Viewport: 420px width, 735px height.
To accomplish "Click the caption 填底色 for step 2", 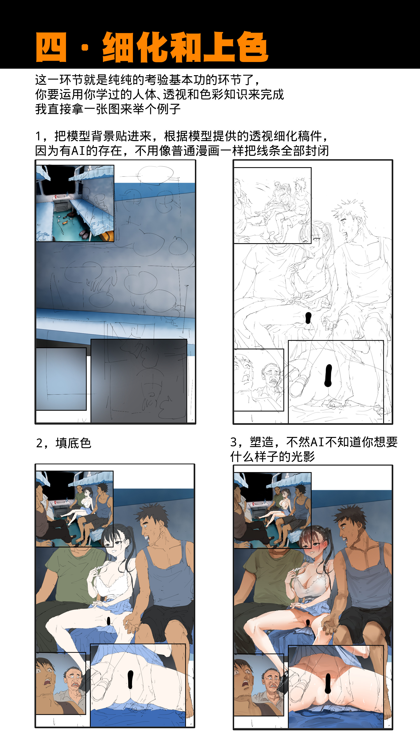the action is click(73, 443).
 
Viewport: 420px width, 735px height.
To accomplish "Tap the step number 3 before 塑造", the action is click(234, 442).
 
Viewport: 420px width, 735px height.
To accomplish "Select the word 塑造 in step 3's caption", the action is click(262, 442).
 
